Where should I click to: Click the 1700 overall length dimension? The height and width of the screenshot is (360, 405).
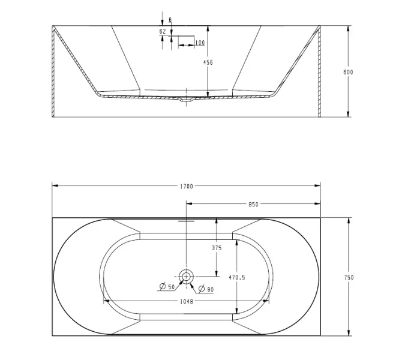[x=187, y=187]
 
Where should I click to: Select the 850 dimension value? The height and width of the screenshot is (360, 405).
[x=253, y=204]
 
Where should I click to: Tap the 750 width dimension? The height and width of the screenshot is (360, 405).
[x=349, y=277]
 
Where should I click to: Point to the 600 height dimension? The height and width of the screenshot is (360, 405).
[x=349, y=72]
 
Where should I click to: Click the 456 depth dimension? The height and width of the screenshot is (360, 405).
[x=209, y=62]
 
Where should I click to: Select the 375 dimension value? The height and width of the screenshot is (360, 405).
[x=217, y=248]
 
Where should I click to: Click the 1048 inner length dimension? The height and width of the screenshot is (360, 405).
[x=186, y=301]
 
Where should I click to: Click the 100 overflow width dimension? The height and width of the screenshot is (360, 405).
[x=200, y=43]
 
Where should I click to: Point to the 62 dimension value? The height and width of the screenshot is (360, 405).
[x=163, y=31]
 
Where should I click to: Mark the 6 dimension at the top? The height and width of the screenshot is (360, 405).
[x=170, y=20]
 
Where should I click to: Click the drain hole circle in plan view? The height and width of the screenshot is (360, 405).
[x=187, y=277]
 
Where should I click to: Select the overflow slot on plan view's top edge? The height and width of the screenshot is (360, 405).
[x=187, y=220]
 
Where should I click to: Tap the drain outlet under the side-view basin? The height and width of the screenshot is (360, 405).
[x=187, y=100]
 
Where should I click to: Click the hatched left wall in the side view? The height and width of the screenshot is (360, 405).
[x=54, y=72]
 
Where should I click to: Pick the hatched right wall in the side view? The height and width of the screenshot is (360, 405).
[x=319, y=72]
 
